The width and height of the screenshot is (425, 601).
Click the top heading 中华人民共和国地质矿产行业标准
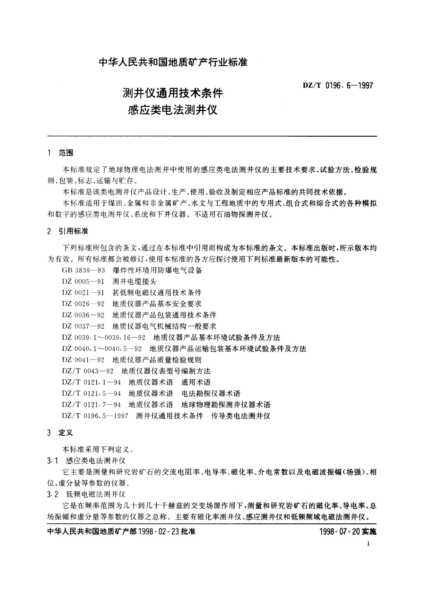point(173,62)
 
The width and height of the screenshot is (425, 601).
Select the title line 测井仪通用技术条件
point(173,93)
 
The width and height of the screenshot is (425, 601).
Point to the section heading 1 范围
point(61,153)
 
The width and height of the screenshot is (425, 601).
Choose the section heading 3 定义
point(61,433)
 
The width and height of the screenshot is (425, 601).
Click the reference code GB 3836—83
point(84,270)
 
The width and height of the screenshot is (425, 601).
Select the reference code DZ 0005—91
point(84,281)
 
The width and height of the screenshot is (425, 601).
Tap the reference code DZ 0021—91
point(84,293)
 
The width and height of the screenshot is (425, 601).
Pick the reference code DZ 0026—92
point(84,304)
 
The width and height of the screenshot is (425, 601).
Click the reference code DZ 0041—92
point(84,360)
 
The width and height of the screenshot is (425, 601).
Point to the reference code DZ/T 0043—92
point(88,371)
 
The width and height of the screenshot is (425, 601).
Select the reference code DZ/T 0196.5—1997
point(95,416)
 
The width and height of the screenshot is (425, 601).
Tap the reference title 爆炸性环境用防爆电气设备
point(157,270)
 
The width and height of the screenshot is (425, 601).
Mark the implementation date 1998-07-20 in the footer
point(341,531)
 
